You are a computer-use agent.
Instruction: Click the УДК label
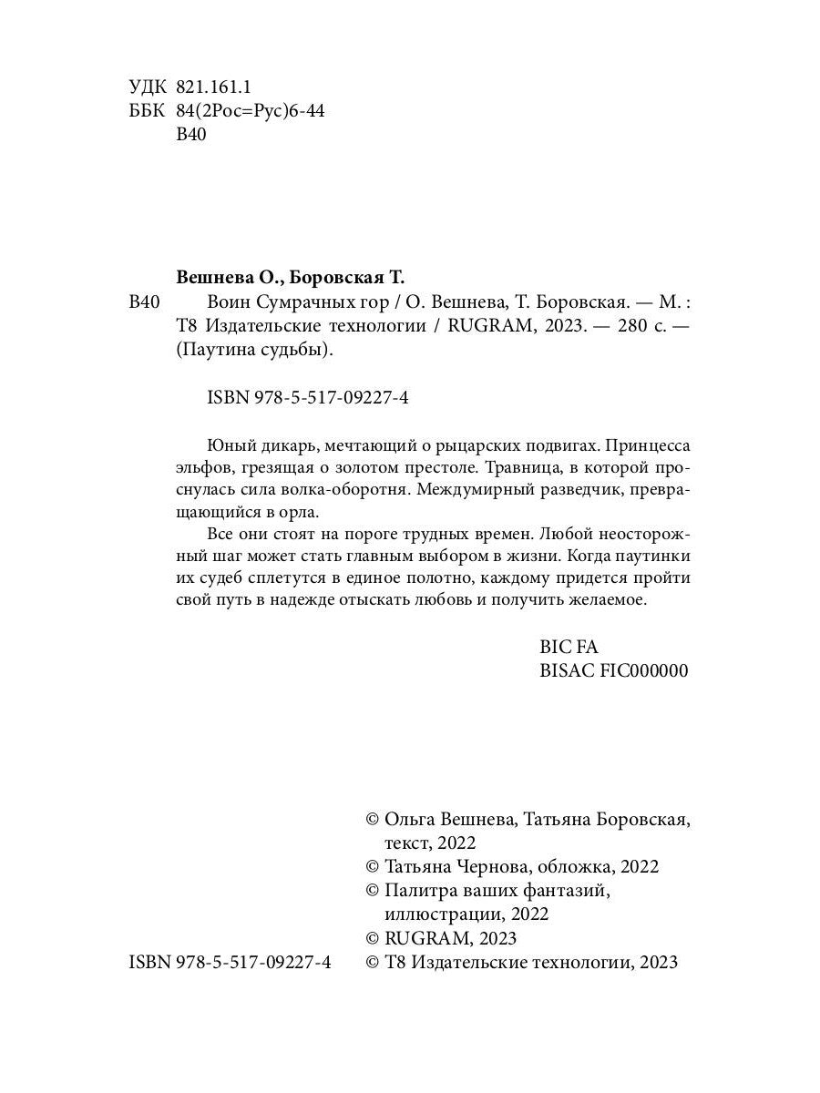pyautogui.click(x=148, y=87)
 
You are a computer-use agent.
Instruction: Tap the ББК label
pyautogui.click(x=148, y=112)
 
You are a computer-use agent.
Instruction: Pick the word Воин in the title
pyautogui.click(x=230, y=303)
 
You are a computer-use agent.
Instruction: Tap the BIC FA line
pyautogui.click(x=569, y=648)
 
